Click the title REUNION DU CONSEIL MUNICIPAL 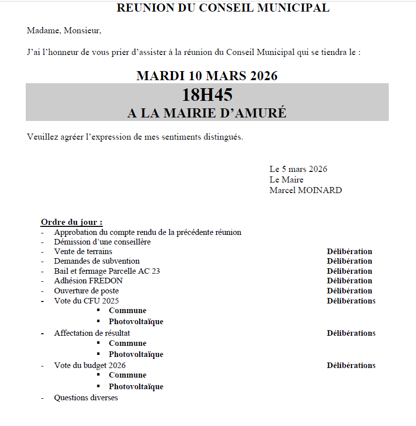[223, 8]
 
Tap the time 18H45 [207, 95]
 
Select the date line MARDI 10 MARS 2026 [207, 76]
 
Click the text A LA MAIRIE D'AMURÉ [207, 113]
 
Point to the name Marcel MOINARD [306, 190]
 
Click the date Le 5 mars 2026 [298, 169]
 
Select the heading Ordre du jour [72, 222]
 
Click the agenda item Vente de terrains [83, 251]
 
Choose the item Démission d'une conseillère [102, 241]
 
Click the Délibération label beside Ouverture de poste [349, 290]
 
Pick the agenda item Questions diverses [86, 398]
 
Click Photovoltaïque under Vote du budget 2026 [136, 387]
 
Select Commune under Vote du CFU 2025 [128, 311]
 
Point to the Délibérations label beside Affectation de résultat [351, 333]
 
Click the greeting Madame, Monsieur [64, 31]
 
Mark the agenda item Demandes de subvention [97, 261]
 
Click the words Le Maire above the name [286, 179]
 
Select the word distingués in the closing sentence [224, 137]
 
